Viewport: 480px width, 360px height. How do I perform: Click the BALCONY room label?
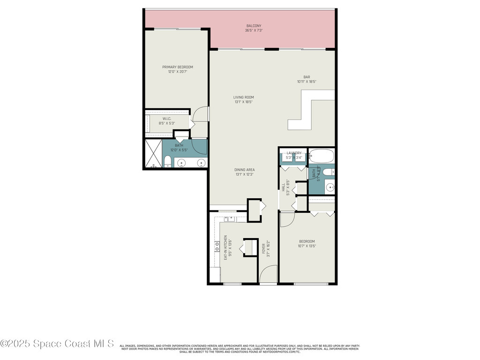(254, 26)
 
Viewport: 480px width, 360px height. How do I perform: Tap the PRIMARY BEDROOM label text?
(178, 67)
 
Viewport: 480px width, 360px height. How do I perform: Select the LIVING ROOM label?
(243, 97)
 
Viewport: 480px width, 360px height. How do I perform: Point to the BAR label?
(307, 77)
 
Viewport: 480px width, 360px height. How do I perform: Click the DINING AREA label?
(244, 170)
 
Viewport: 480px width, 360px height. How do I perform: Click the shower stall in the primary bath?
(152, 154)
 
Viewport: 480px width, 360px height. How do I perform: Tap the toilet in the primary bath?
(167, 162)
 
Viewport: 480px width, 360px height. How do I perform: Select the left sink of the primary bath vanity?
(181, 163)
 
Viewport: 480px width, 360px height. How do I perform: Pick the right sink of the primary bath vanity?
(201, 163)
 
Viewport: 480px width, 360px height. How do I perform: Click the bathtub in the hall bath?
(321, 156)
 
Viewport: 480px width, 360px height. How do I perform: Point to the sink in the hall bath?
(330, 187)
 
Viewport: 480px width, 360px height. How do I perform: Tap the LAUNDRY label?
(293, 153)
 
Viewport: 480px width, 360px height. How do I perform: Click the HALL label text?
(284, 187)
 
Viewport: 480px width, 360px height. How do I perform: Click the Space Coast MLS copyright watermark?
(57, 344)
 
